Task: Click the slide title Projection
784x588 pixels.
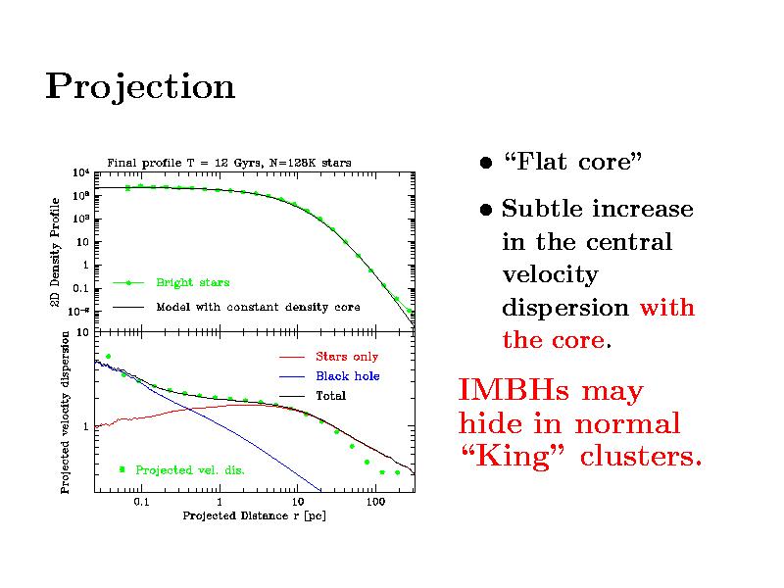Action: [140, 88]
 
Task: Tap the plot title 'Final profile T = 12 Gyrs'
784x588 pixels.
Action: [228, 162]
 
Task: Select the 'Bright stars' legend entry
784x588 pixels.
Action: [193, 282]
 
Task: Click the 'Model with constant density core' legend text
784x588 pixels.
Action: [259, 307]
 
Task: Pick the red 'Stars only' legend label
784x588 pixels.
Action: [346, 357]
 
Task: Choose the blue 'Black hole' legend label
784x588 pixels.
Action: [347, 376]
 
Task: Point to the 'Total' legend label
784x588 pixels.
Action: [330, 396]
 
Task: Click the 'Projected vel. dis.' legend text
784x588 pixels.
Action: [190, 470]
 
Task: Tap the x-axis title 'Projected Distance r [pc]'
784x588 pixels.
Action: [254, 515]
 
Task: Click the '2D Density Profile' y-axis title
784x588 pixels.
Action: [55, 250]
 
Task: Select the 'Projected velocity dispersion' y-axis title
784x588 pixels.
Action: [65, 411]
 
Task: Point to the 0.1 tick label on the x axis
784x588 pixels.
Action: [140, 502]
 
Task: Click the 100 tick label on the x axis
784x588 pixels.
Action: [374, 502]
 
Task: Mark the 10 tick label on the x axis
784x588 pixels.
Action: [298, 502]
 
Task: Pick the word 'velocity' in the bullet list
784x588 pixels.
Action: [549, 274]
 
